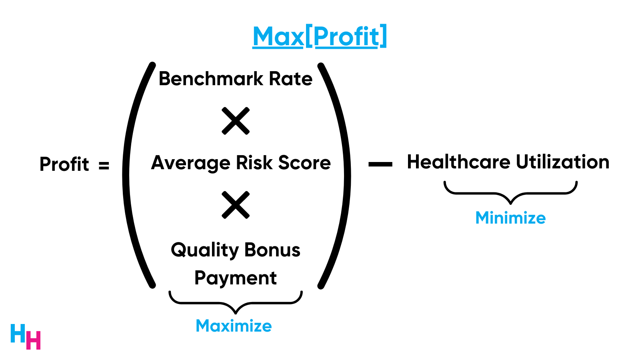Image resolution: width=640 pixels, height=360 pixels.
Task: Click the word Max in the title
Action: click(278, 37)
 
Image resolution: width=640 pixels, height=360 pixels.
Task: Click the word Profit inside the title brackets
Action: click(346, 37)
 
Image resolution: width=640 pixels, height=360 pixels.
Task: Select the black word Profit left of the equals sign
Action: click(64, 164)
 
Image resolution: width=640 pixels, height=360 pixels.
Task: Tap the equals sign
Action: click(104, 165)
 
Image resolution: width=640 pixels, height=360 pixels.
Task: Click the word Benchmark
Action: click(211, 79)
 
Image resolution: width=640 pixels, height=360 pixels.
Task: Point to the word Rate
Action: click(291, 79)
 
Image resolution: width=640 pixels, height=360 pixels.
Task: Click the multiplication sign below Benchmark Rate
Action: click(236, 121)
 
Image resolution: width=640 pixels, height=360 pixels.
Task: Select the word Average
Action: click(191, 163)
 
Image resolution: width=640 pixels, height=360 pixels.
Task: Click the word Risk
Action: click(254, 163)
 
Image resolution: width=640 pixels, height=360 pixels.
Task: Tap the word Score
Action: click(304, 163)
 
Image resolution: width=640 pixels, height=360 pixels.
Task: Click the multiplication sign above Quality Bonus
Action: click(236, 205)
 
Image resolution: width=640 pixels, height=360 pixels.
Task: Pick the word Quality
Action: click(205, 250)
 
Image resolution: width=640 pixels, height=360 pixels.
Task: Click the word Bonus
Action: click(272, 250)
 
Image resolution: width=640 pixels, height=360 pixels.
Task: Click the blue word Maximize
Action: click(234, 326)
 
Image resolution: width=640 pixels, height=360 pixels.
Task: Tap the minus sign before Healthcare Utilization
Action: click(380, 164)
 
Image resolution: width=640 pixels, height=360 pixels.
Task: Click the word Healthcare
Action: click(459, 162)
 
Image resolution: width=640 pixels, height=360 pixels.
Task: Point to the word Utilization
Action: click(562, 162)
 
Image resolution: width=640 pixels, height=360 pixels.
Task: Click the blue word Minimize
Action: click(510, 218)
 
